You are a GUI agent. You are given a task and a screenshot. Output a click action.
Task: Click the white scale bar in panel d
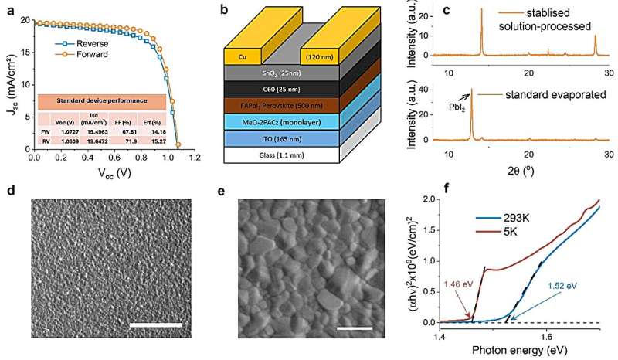coord(155,325)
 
